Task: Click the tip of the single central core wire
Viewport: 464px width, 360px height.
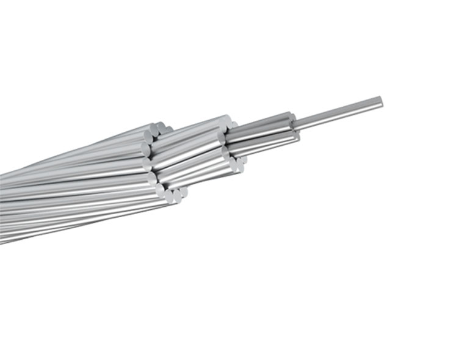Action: click(380, 101)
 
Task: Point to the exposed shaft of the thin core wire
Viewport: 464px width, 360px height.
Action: click(339, 113)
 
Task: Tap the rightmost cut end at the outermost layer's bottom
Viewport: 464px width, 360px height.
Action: click(183, 192)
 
